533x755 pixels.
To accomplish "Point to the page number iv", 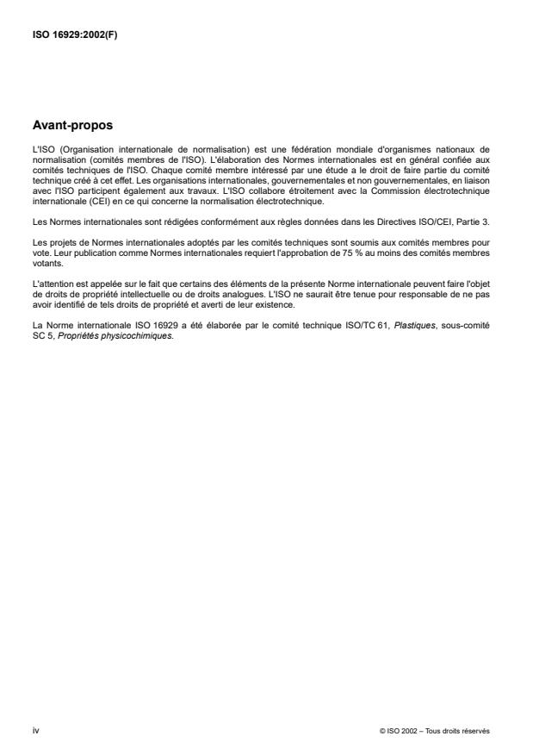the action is [34, 730].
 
